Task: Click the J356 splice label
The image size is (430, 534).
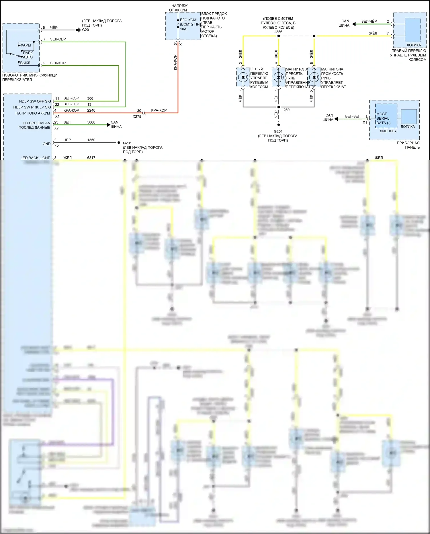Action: (278, 32)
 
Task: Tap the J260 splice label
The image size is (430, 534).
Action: (285, 110)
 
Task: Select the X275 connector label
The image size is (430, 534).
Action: (137, 116)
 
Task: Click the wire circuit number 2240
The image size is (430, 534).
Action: (91, 110)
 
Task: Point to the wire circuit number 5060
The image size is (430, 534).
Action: (91, 122)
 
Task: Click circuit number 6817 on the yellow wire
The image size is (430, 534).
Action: (91, 158)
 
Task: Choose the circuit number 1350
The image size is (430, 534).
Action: (91, 140)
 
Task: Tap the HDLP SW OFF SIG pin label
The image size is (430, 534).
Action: (35, 101)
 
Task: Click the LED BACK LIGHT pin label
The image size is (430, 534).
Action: (35, 158)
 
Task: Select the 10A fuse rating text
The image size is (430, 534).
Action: (183, 29)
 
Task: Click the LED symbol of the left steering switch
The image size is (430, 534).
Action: (243, 77)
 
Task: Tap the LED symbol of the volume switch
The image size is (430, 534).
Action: (314, 77)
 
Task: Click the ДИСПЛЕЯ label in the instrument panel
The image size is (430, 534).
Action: (388, 131)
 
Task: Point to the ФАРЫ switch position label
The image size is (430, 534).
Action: (26, 45)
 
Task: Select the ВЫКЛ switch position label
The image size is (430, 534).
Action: (25, 63)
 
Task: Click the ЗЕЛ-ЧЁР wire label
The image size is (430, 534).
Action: (369, 21)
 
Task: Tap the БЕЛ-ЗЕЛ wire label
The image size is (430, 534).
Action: (353, 116)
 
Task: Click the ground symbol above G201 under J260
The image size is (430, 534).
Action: (278, 125)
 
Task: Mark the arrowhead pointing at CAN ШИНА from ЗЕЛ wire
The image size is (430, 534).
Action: (108, 125)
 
